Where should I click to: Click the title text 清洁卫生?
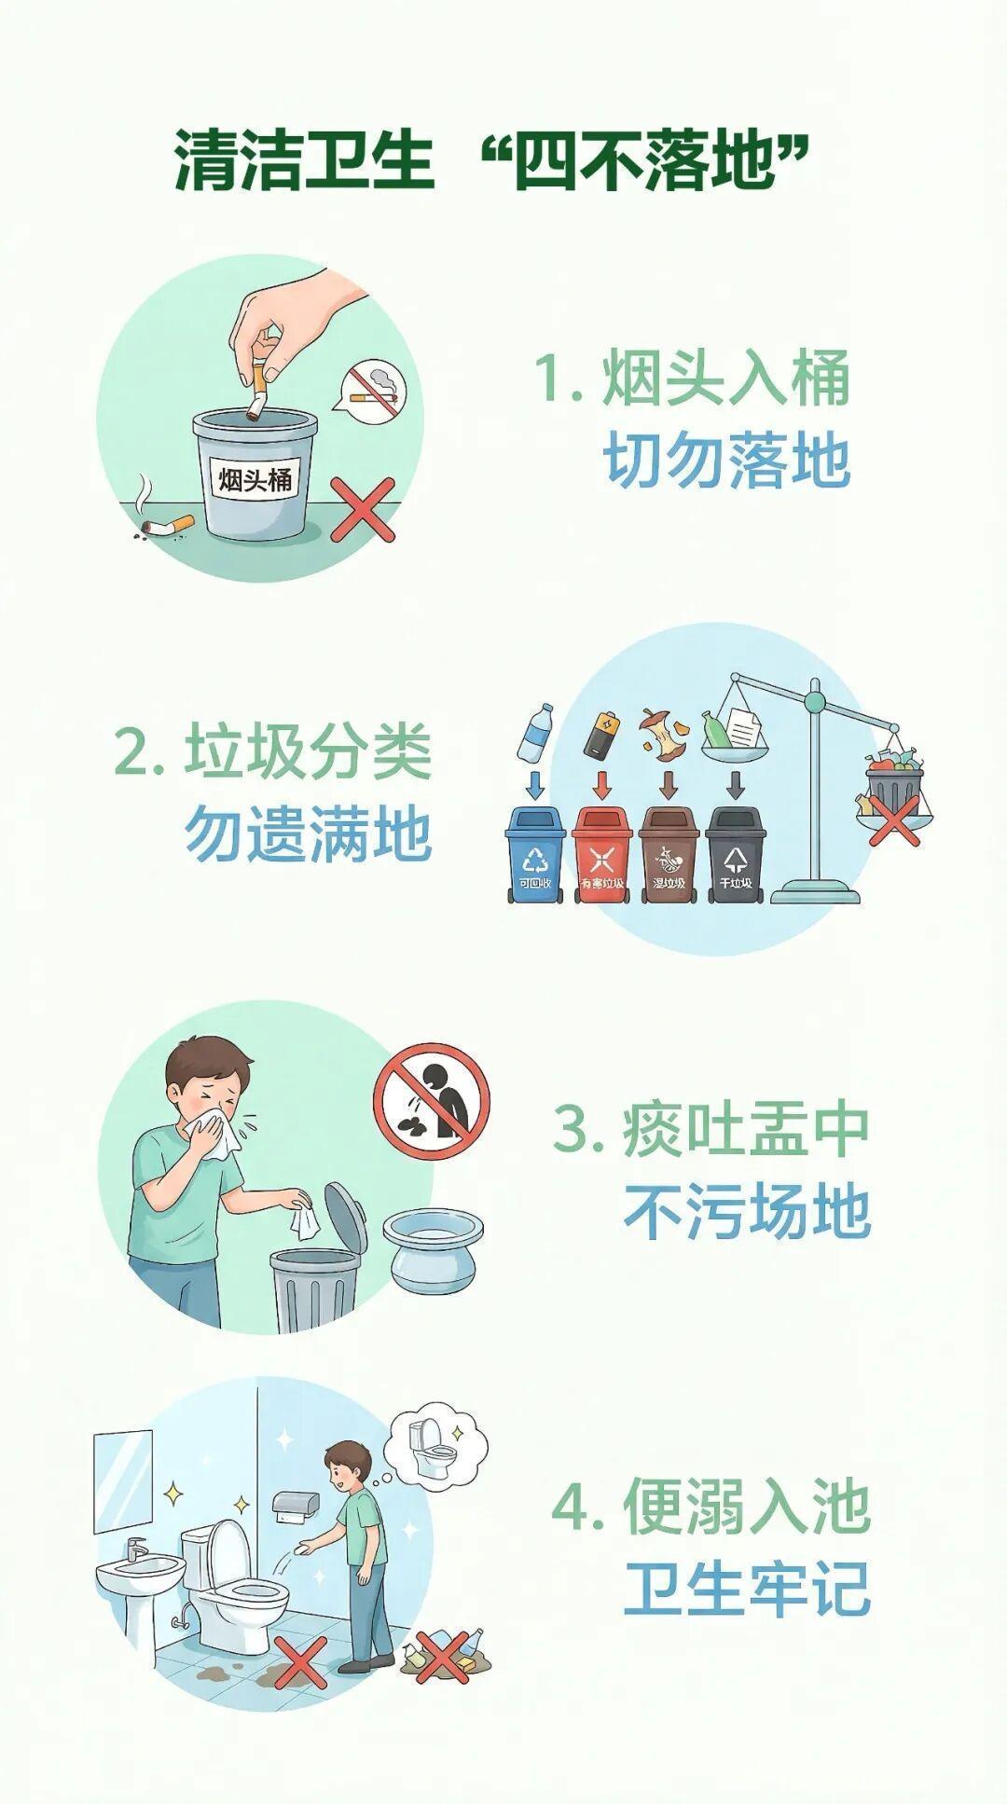pos(304,160)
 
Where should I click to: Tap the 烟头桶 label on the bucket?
pos(255,479)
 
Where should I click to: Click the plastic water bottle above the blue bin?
pos(534,732)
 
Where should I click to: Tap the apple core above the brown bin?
pos(653,733)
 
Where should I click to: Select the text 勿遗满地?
pos(309,833)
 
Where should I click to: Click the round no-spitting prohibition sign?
pos(432,1100)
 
